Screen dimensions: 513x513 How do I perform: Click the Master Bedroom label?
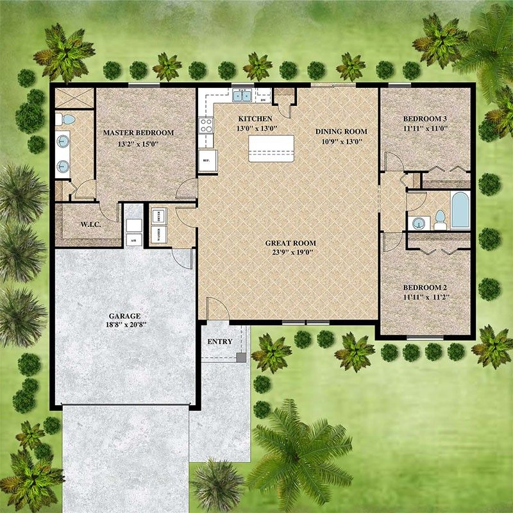click(139, 133)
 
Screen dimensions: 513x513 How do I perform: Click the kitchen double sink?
click(242, 96)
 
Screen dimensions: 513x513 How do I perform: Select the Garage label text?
click(125, 316)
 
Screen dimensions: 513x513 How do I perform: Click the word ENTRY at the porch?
click(220, 342)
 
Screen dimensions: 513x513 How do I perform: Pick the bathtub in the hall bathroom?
click(460, 210)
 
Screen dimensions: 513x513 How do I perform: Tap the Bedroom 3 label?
click(425, 119)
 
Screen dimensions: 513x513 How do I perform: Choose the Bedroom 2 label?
click(425, 288)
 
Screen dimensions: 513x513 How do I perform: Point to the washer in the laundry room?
click(158, 231)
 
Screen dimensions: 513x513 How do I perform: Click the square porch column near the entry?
click(241, 357)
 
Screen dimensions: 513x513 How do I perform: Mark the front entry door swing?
click(218, 308)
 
